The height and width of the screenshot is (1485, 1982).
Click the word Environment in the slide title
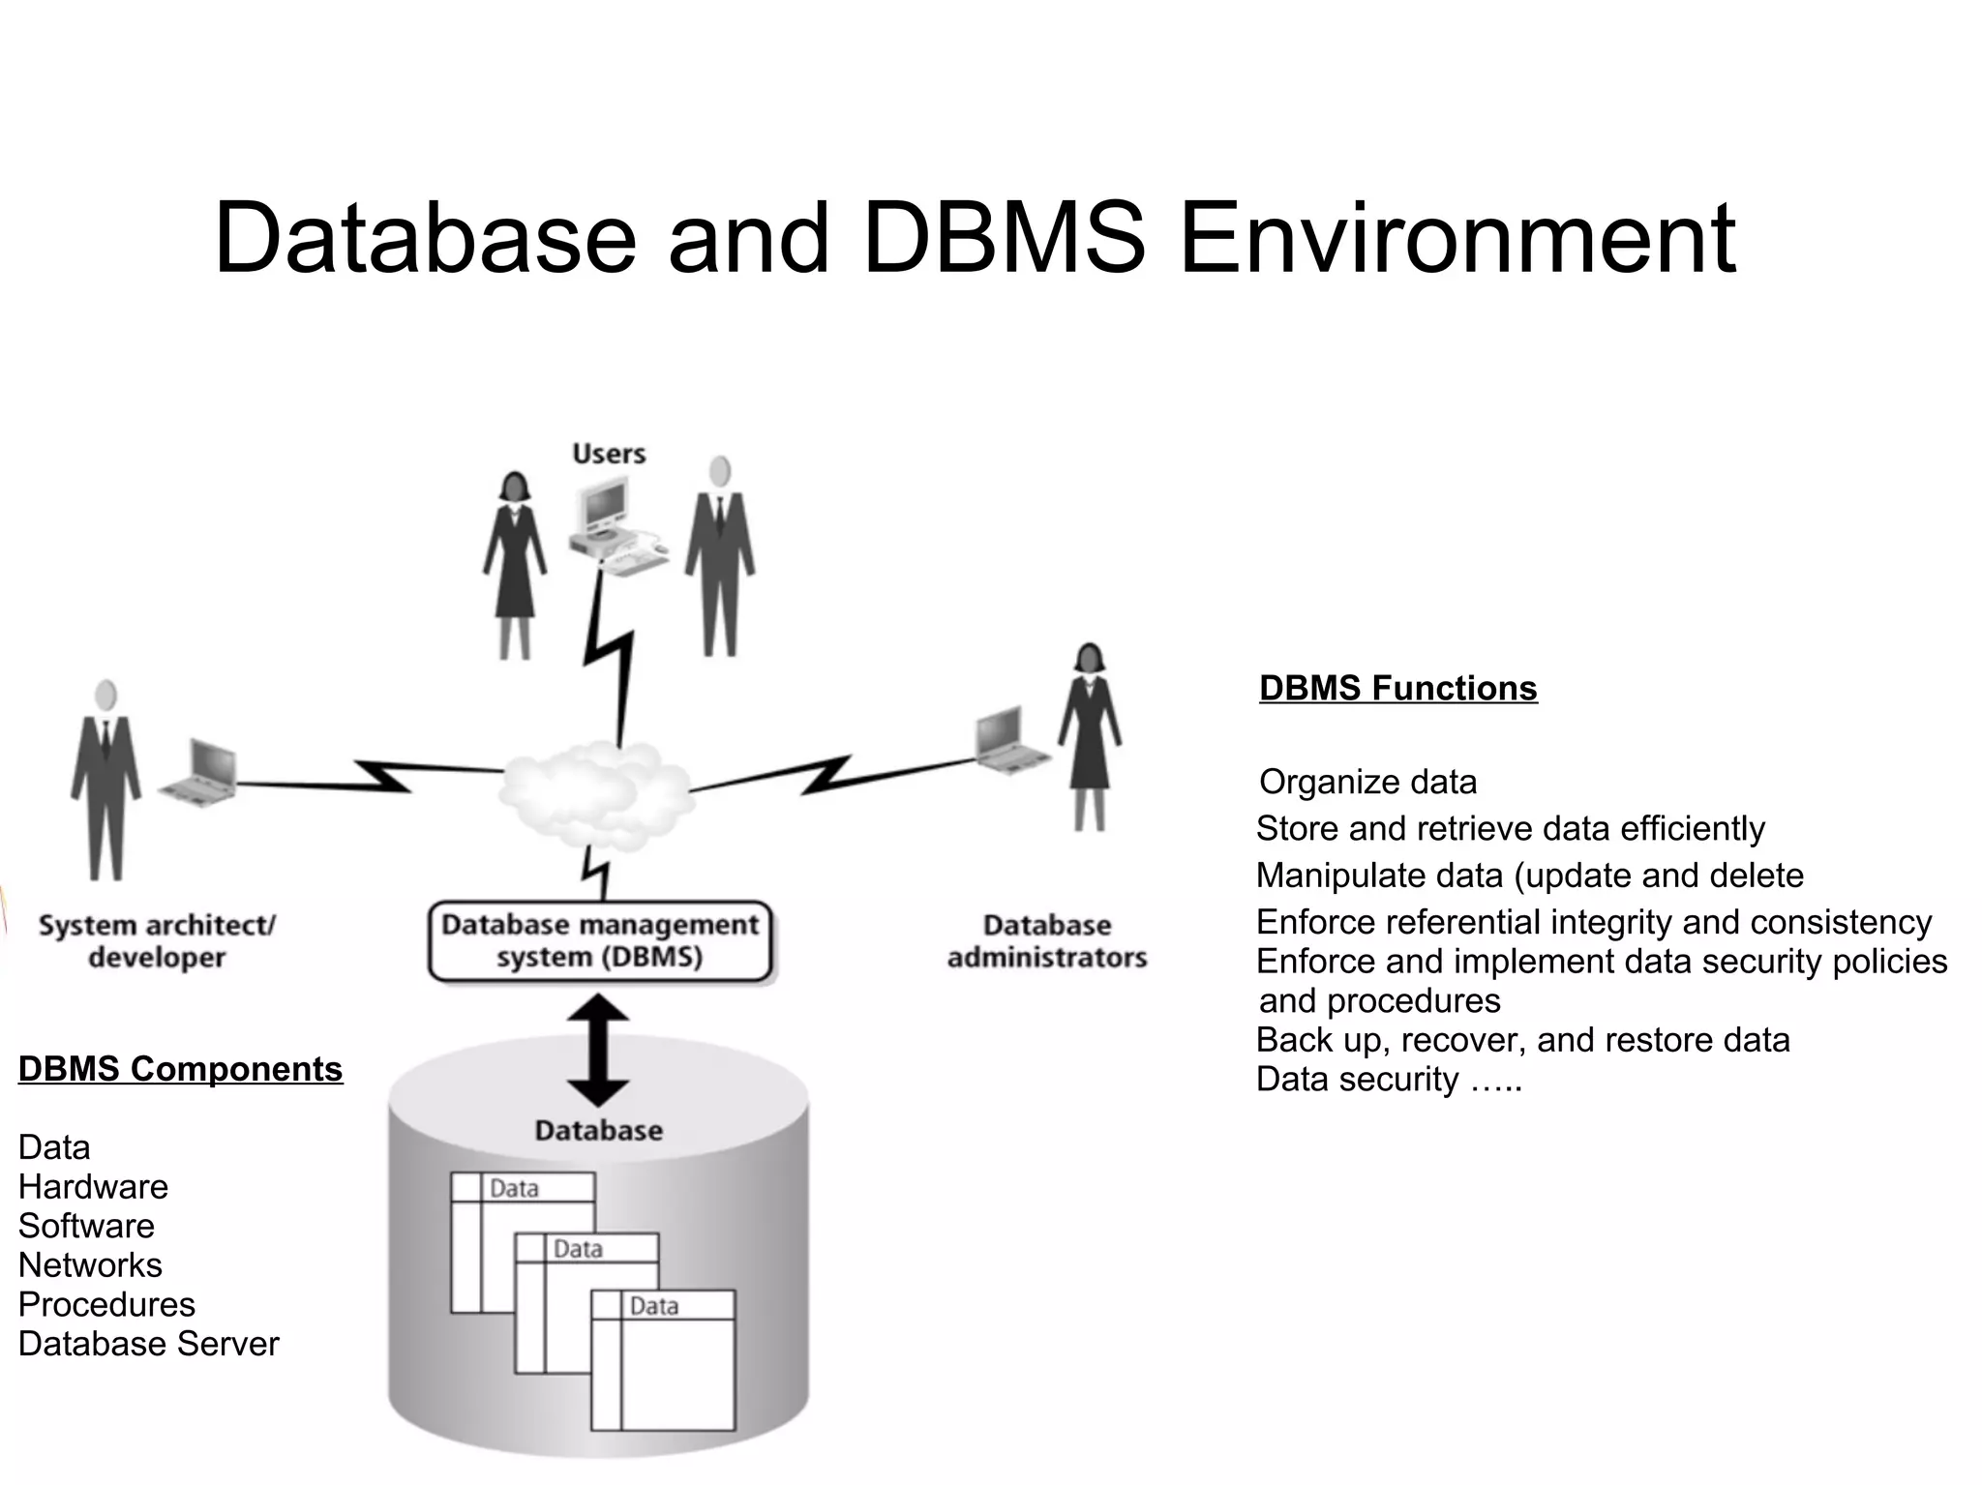point(1456,238)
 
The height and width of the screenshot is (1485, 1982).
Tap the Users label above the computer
point(609,454)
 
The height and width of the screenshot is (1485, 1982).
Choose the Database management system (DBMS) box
point(600,941)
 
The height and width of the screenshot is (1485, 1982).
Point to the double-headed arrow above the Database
point(598,1050)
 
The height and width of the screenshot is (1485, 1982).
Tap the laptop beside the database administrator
point(1006,740)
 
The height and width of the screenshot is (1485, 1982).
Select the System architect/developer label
point(157,941)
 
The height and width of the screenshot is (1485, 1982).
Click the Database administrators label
point(1047,941)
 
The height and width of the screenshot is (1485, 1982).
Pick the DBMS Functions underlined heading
point(1397,688)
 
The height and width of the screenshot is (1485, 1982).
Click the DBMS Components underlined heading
point(180,1069)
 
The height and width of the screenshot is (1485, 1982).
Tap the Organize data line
point(1367,782)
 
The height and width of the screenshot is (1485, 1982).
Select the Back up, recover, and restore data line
point(1522,1040)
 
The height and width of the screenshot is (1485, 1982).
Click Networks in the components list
point(90,1265)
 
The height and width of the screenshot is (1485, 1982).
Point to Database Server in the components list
point(148,1344)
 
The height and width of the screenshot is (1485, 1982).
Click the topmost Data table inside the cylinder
point(523,1188)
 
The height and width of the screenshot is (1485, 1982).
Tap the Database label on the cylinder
point(598,1130)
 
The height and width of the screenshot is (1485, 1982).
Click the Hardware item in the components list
point(93,1187)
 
